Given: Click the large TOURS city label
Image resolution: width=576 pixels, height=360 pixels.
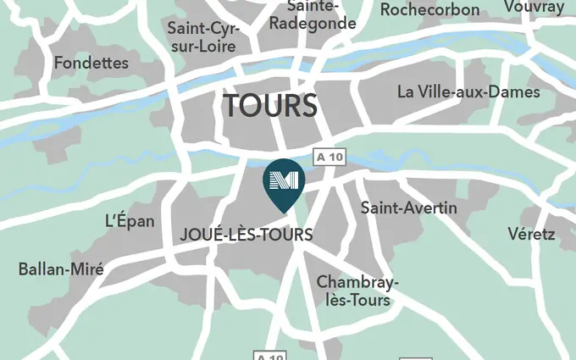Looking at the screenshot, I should [270, 107].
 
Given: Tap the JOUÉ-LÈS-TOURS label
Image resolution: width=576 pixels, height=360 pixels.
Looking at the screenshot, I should [246, 235].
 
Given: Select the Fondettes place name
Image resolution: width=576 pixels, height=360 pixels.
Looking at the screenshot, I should [91, 63].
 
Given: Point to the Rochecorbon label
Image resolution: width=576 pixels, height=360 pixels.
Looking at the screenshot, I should [429, 10].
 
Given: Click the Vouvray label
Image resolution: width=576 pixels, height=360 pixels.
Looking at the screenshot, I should [534, 7].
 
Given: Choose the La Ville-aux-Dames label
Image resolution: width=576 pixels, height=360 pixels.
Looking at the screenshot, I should [468, 91].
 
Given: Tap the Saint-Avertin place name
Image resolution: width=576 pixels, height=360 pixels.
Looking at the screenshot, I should [408, 208].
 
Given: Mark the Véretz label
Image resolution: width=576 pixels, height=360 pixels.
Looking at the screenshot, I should [531, 234].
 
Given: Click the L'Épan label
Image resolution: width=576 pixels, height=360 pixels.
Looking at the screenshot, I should [130, 221].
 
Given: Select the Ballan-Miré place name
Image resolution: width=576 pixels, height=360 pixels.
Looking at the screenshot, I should [61, 269].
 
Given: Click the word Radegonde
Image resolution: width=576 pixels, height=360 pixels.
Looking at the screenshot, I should [312, 24].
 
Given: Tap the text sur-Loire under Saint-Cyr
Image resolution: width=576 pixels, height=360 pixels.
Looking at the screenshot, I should [202, 47].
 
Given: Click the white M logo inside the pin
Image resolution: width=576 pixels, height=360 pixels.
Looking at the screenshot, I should [282, 180].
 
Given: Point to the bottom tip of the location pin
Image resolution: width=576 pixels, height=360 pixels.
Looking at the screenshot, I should [283, 211].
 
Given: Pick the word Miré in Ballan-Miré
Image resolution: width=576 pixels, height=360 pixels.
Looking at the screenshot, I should [87, 269].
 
